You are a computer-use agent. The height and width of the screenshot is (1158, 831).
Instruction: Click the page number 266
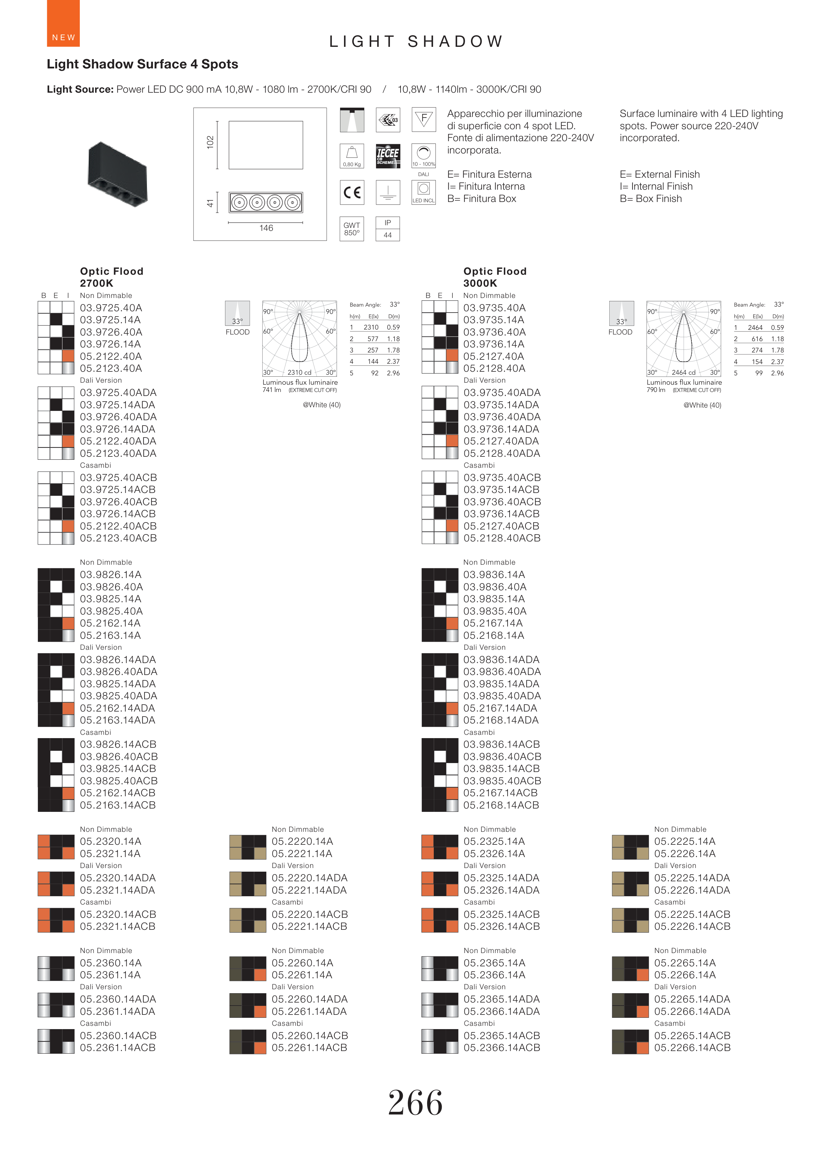(415, 1102)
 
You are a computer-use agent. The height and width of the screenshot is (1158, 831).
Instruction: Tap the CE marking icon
(351, 192)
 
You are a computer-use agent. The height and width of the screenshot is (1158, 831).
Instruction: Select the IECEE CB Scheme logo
(388, 156)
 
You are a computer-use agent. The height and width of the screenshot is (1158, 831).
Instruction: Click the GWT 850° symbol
(351, 229)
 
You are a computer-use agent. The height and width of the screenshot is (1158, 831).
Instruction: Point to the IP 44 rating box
(388, 229)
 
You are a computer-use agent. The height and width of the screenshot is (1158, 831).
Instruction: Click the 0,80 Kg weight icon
(351, 156)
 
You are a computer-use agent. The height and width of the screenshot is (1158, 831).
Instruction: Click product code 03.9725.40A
(111, 308)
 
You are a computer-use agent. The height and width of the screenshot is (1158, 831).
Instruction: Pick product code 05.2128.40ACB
(502, 538)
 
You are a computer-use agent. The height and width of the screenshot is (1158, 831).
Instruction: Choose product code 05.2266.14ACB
(692, 1048)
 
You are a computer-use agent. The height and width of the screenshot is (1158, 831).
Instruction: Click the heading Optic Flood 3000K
(494, 277)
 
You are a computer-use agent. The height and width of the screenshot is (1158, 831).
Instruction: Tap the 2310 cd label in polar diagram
(299, 373)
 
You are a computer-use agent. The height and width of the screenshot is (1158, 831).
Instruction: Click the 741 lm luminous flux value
(272, 390)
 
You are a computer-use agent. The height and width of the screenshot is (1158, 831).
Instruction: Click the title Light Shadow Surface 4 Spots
(143, 64)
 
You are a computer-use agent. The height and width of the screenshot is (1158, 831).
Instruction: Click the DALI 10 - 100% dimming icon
(423, 156)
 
